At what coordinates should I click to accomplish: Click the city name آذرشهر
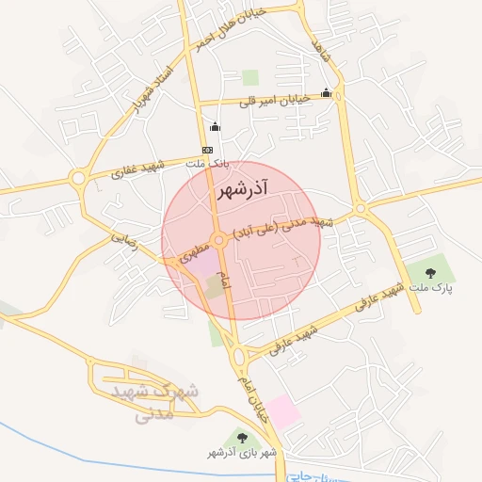point(241,191)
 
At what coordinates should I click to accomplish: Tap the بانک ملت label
point(208,164)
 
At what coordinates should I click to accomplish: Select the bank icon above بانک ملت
point(207,150)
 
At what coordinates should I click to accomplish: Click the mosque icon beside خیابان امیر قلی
point(326,93)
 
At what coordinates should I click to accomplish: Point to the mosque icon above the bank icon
point(214,127)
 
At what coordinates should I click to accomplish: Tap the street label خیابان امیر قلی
point(274,102)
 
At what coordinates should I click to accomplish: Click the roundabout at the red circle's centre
point(219,241)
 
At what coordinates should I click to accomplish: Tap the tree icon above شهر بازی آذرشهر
point(243,438)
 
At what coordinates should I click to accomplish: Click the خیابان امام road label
point(254,396)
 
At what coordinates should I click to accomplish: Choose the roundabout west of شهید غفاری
point(78,178)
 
